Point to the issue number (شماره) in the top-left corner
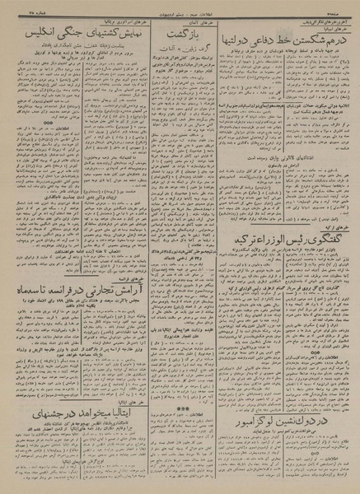(16, 7)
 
